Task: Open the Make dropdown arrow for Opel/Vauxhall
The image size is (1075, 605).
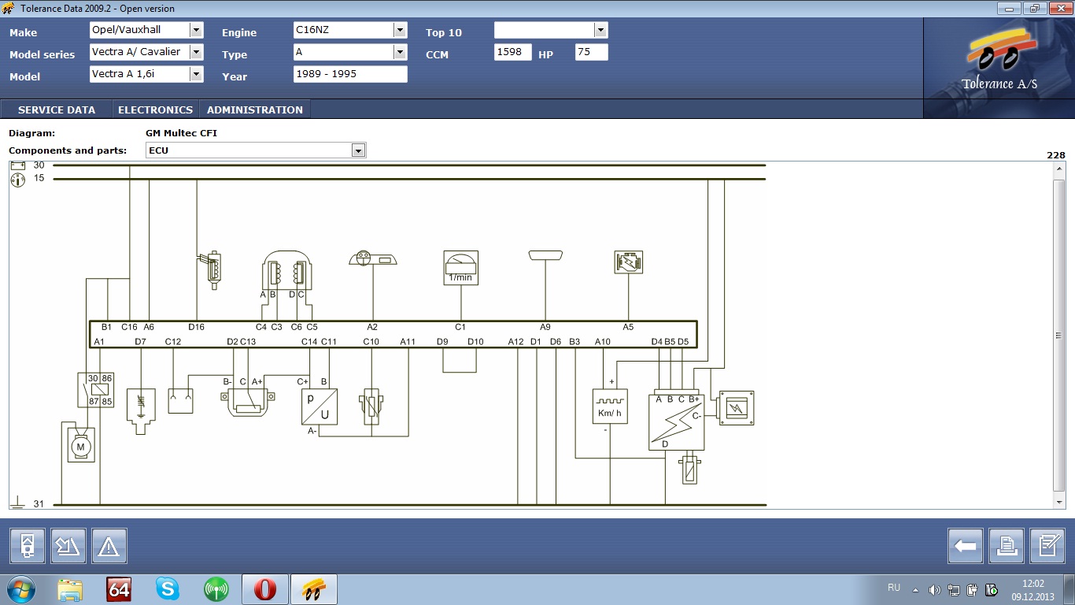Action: click(x=196, y=30)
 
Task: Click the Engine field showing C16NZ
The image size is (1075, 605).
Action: click(x=344, y=30)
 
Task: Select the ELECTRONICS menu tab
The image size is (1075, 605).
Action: click(x=156, y=109)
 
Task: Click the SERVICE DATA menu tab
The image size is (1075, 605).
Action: click(x=57, y=109)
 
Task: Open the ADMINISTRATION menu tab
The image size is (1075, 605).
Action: click(x=255, y=109)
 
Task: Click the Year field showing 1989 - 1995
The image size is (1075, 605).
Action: click(x=350, y=74)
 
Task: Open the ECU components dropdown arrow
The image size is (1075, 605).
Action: click(x=358, y=151)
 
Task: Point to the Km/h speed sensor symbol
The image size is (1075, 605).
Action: click(x=610, y=406)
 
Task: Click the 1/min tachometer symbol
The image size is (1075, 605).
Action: click(x=460, y=268)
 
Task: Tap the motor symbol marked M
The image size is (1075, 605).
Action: click(x=80, y=445)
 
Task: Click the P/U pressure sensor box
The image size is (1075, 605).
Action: click(x=320, y=406)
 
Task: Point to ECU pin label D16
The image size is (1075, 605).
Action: click(x=196, y=327)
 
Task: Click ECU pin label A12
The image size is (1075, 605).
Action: click(x=516, y=342)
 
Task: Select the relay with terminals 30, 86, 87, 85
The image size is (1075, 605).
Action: click(x=96, y=390)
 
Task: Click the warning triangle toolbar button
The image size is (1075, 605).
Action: click(x=109, y=546)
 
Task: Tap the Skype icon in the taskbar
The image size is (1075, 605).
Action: click(x=168, y=589)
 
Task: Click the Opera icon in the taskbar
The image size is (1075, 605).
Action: click(x=265, y=589)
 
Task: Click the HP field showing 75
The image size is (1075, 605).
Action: click(x=591, y=52)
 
